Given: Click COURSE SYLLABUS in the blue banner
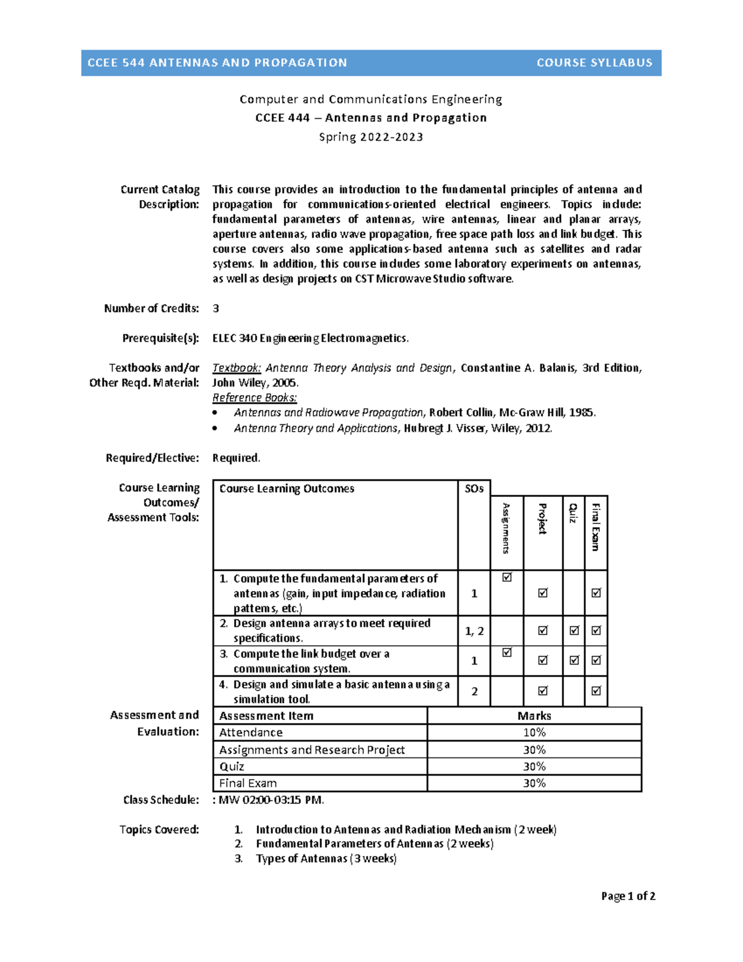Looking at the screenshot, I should coord(594,63).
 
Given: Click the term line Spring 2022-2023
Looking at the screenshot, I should coord(371,137).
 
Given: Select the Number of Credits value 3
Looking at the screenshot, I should coord(215,308).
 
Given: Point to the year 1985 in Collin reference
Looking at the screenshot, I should coord(582,413).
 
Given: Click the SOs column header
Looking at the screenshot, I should coord(474,489).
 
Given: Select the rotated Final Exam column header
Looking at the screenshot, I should coord(596,527).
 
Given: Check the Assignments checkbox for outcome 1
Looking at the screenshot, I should coord(507,577).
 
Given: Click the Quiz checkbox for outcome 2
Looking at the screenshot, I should coord(574,631).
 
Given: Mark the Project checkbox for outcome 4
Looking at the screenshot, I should coord(543,691).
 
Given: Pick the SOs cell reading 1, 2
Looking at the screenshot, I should coord(474,631).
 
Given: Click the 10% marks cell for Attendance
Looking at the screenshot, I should coord(534,733).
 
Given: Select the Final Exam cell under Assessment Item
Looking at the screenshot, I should coord(248,784).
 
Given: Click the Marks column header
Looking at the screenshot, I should coord(534,716).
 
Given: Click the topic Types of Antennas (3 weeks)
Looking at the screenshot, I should coord(326,859).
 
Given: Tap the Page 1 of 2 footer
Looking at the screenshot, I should coord(628,896).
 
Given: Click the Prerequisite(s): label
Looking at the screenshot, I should coord(160,338).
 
